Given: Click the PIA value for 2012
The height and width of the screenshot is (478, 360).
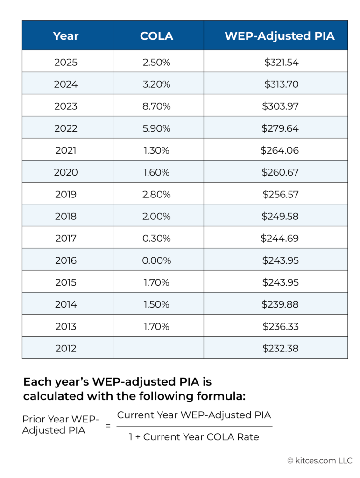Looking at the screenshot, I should tap(280, 348).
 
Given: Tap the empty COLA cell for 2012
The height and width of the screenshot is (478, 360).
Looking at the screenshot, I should tap(158, 348).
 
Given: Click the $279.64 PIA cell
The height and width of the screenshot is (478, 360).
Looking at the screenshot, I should tap(280, 128).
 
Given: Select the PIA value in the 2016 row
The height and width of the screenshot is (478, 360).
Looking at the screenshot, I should tap(280, 260).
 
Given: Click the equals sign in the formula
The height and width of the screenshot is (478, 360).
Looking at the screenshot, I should tap(108, 426).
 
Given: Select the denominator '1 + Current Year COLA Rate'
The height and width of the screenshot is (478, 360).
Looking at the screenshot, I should tap(194, 437).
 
